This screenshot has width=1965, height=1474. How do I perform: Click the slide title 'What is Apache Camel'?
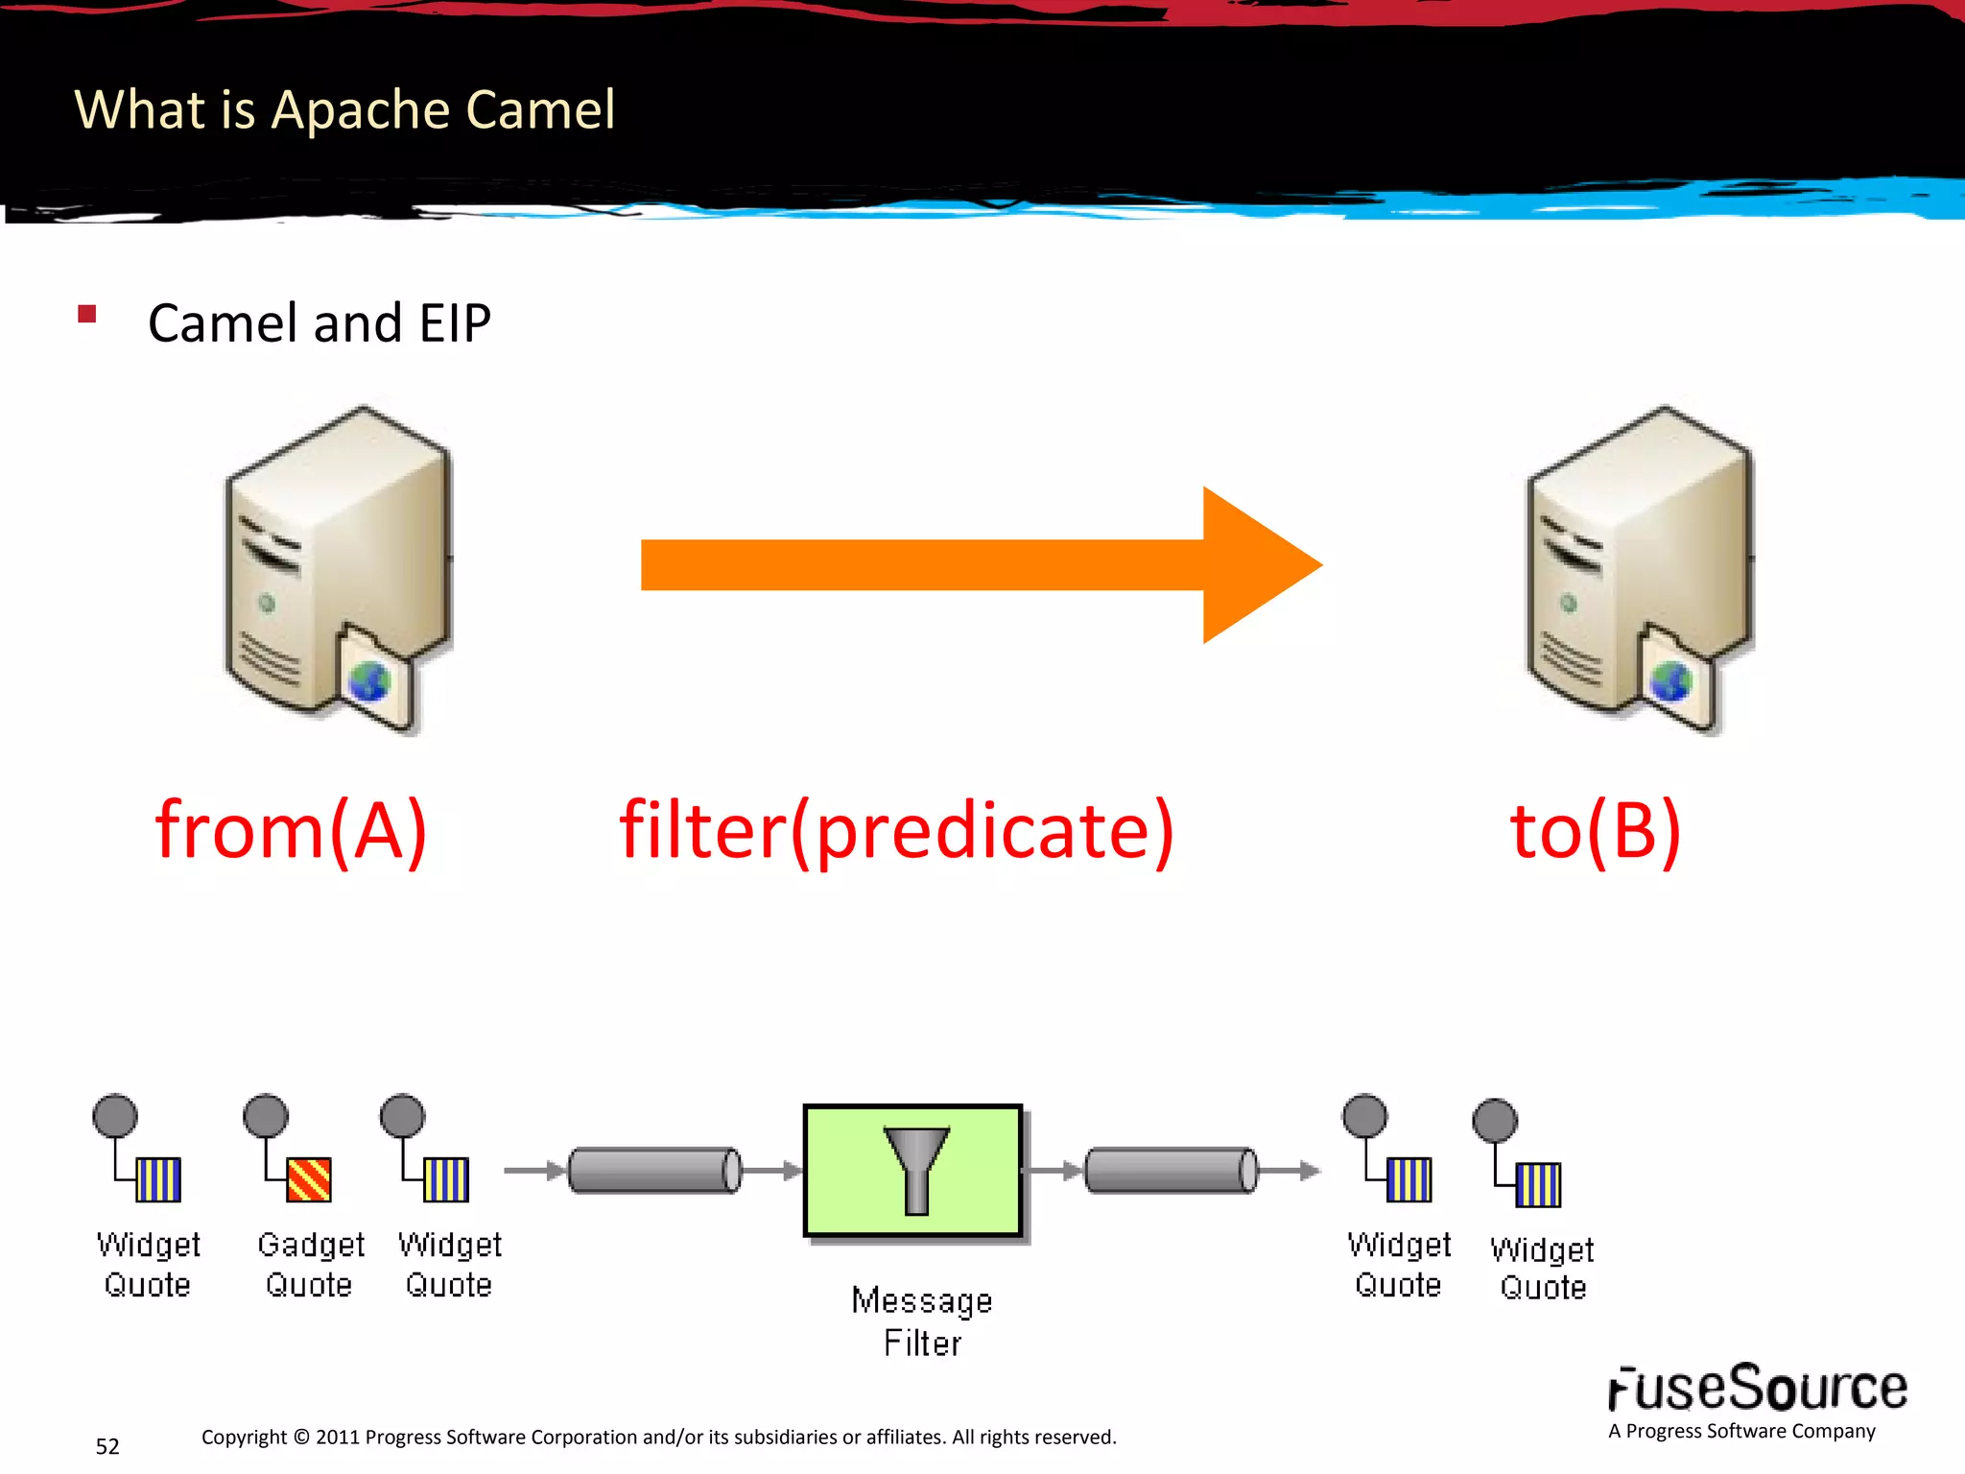point(344,109)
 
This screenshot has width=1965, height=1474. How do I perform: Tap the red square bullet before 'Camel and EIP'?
point(87,314)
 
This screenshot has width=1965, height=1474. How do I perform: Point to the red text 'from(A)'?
point(291,830)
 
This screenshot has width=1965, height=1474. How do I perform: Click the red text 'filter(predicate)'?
point(896,830)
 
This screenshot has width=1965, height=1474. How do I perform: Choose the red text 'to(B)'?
point(1595,830)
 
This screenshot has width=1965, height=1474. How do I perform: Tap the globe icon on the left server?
point(369,682)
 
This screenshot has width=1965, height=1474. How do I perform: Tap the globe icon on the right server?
point(1670,682)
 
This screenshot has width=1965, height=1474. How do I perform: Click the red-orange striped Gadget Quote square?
point(309,1179)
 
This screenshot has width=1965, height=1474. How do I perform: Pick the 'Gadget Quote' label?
point(310,1264)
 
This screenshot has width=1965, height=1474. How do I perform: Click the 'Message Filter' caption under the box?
point(922,1321)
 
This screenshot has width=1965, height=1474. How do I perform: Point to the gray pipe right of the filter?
point(1171,1170)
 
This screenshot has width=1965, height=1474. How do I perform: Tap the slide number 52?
point(107,1446)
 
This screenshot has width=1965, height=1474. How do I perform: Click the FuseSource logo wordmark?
point(1757,1389)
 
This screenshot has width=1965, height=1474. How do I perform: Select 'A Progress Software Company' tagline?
point(1741,1431)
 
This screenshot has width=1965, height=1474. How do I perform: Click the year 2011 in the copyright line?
point(338,1438)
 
